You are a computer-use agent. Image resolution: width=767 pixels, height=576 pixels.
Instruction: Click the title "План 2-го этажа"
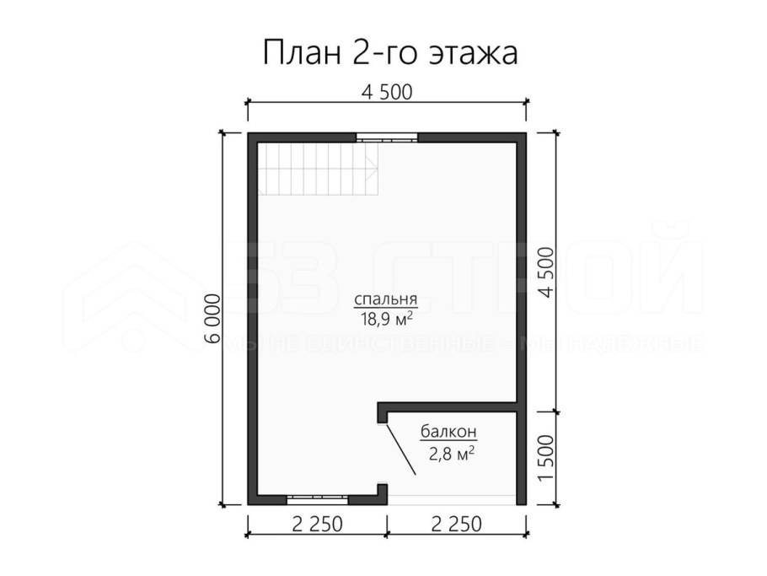tap(390, 53)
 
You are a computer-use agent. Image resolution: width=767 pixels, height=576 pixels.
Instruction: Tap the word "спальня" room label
tap(386, 300)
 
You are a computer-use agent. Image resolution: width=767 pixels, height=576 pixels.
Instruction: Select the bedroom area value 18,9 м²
tap(386, 319)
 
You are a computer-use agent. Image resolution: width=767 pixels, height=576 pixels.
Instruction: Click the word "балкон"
tap(448, 433)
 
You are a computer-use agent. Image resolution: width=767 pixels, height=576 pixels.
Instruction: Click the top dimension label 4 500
tap(386, 92)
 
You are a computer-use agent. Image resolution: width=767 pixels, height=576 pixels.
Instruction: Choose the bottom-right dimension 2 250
tap(455, 525)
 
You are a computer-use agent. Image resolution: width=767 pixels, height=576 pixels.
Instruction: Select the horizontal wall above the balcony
tap(451, 406)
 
